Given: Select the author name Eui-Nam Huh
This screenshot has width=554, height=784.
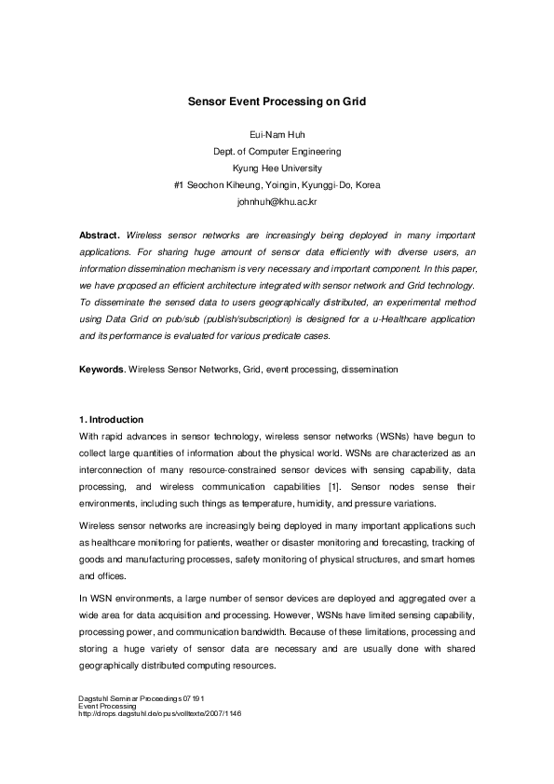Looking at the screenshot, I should tap(277, 134).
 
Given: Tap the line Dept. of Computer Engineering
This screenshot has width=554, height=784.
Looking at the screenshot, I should tap(277, 151).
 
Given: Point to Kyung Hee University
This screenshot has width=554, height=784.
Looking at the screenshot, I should tap(277, 168).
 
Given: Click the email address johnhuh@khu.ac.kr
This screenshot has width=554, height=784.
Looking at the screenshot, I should tap(277, 201).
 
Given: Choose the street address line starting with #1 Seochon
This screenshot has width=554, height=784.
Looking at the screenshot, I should tap(277, 184).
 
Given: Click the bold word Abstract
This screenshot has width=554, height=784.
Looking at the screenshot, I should tap(99, 236).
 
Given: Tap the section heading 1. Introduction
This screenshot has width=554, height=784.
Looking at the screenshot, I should tap(112, 420).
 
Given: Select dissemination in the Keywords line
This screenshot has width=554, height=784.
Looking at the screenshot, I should tap(370, 370).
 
